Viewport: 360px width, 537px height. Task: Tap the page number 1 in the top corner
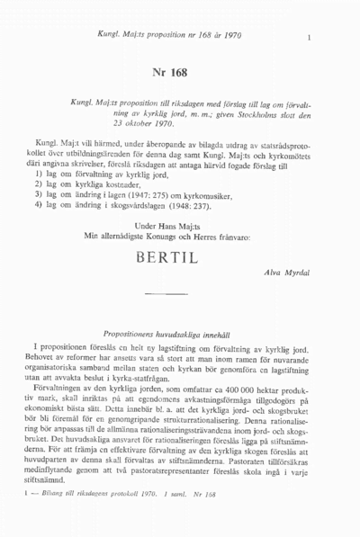pyautogui.click(x=309, y=38)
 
